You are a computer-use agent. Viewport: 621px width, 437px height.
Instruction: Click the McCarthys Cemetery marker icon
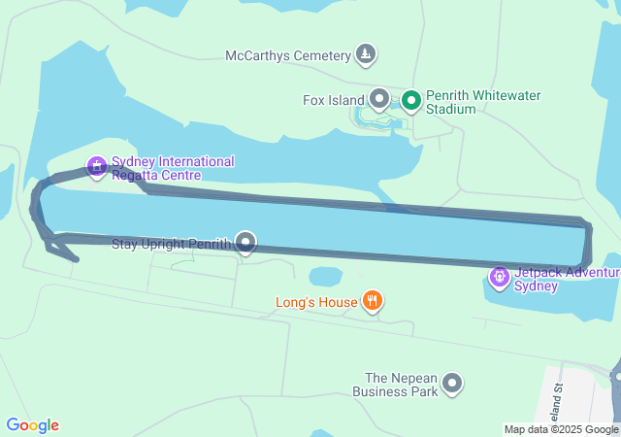tap(365, 54)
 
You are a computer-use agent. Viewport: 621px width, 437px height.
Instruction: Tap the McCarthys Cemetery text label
tap(287, 55)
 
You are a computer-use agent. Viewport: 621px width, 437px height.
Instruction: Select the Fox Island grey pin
tap(379, 98)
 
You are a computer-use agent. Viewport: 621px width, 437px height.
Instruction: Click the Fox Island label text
tap(333, 99)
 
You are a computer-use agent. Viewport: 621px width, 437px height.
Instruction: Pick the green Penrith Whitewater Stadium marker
tap(411, 99)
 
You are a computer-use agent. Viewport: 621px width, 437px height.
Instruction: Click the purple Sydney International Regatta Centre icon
tap(96, 166)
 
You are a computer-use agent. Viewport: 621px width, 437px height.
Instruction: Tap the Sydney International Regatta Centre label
tap(172, 168)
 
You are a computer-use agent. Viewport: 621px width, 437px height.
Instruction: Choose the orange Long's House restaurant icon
tap(372, 301)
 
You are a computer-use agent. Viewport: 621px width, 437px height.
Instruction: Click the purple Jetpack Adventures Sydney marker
tap(500, 279)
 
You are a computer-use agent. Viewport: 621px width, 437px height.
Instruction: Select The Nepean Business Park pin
tap(452, 385)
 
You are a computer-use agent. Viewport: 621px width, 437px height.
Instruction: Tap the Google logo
tap(32, 425)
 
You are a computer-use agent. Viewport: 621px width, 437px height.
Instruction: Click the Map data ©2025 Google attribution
tap(561, 429)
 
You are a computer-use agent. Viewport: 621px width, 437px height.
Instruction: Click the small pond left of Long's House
tap(325, 277)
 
